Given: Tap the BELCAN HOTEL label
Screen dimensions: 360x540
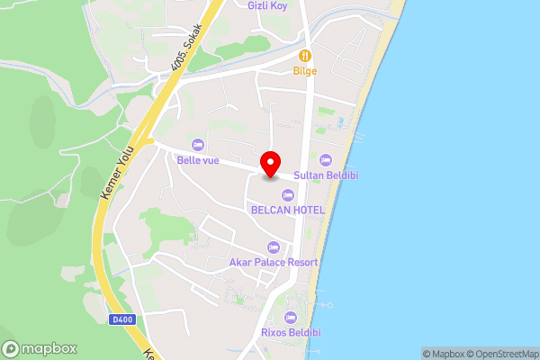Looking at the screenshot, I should tap(287, 210).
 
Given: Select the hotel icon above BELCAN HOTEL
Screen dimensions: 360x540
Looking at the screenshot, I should tap(287, 194).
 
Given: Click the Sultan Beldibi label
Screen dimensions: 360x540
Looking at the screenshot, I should tap(326, 175).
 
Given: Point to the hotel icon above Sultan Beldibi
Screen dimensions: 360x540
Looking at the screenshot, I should tap(326, 159).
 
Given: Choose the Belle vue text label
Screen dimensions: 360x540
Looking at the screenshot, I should tap(198, 160).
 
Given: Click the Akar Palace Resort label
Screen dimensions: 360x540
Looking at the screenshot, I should tap(274, 262).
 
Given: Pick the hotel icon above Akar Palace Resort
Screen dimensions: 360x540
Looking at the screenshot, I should tap(274, 247).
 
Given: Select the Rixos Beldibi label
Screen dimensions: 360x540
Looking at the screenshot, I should tap(290, 333).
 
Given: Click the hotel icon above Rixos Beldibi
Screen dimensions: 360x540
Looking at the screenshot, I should tap(290, 317).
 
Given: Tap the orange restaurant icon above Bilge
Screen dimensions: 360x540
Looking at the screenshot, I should tap(305, 55).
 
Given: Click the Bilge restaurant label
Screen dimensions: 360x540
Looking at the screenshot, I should tap(305, 70).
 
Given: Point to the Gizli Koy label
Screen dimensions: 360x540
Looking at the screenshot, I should tap(267, 5).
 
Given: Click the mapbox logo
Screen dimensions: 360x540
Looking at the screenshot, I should tap(40, 348).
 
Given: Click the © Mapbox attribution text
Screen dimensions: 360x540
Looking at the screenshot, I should tap(445, 354).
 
